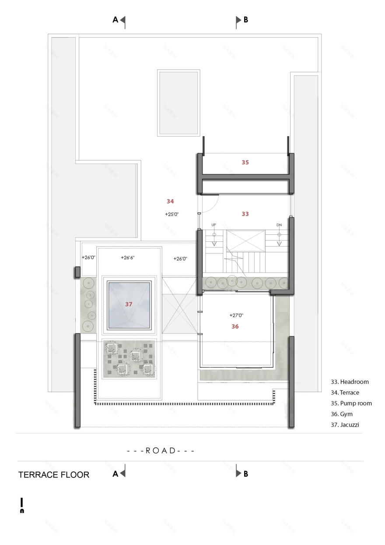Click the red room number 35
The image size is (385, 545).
click(245, 162)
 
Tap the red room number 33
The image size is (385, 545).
click(245, 214)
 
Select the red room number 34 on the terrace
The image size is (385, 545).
click(171, 201)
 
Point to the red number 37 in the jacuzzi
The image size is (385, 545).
click(129, 304)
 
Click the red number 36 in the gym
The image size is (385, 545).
click(235, 326)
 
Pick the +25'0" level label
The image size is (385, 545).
click(172, 214)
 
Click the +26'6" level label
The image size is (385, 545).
click(128, 258)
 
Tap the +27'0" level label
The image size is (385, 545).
click(237, 315)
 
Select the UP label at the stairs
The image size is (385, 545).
click(214, 225)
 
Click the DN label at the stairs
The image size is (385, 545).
click(279, 225)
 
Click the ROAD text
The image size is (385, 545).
click(161, 450)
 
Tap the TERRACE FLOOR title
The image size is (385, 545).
click(54, 474)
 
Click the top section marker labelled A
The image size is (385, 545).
click(119, 20)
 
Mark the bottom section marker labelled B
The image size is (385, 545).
click(242, 474)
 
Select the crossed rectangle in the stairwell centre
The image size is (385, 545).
click(245, 241)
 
